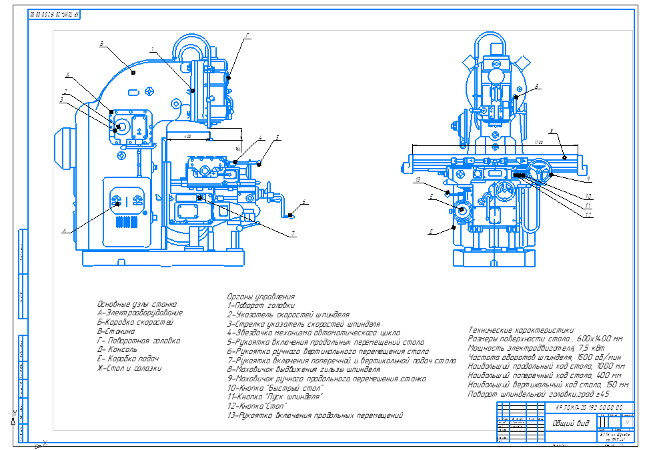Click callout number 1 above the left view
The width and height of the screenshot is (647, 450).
pyautogui.click(x=152, y=48)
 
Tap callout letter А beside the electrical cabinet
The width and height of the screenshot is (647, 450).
pyautogui.click(x=65, y=231)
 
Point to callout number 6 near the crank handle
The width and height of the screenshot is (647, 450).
pyautogui.click(x=303, y=201)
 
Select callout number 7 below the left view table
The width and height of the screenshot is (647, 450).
pyautogui.click(x=292, y=234)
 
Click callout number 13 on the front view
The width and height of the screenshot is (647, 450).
pyautogui.click(x=417, y=180)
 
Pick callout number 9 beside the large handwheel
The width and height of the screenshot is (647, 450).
pyautogui.click(x=588, y=179)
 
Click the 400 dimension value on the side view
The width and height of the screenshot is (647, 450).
pyautogui.click(x=189, y=136)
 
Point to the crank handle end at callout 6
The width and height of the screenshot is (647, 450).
pyautogui.click(x=291, y=215)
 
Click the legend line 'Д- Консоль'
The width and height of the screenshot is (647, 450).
pyautogui.click(x=117, y=349)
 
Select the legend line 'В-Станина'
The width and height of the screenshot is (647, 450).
pyautogui.click(x=116, y=331)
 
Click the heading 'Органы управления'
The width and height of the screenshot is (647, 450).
pyautogui.click(x=260, y=297)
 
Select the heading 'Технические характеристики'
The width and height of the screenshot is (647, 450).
pyautogui.click(x=522, y=330)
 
